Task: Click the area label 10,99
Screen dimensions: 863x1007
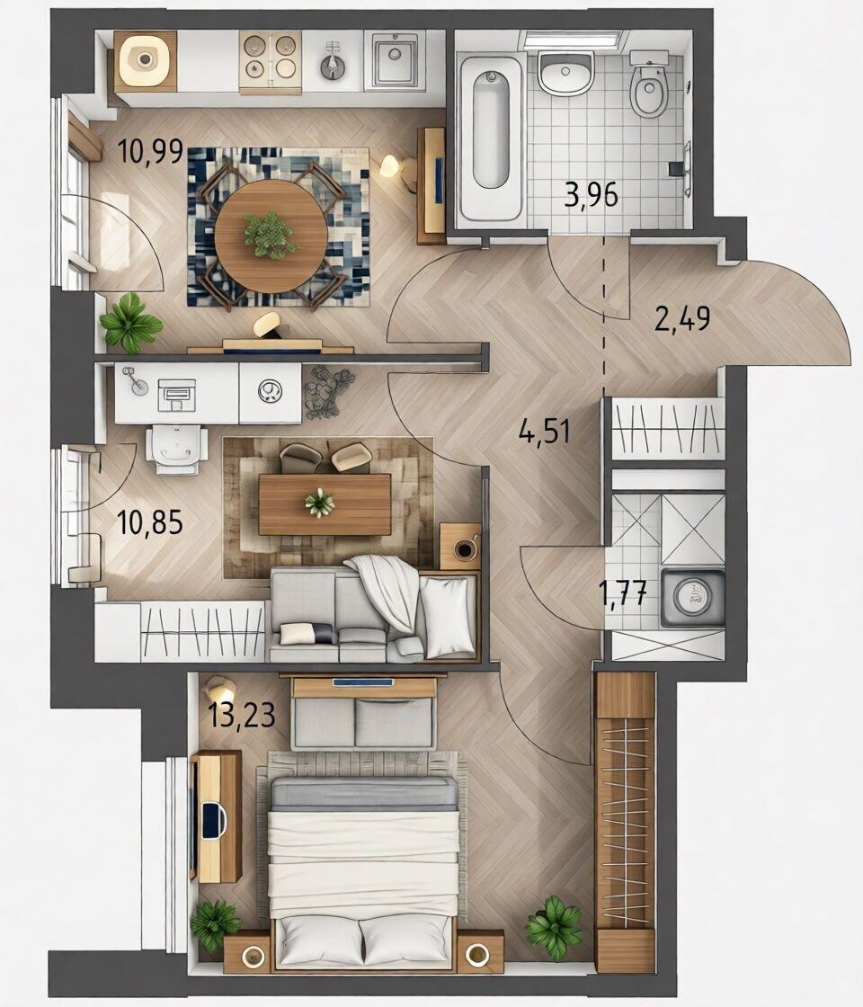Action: [x=151, y=153]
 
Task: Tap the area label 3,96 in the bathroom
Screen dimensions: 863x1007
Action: [x=591, y=194]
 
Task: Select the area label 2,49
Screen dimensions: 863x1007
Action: [x=682, y=318]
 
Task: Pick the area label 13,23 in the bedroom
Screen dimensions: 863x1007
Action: [x=242, y=714]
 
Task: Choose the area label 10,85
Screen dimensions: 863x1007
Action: [x=150, y=522]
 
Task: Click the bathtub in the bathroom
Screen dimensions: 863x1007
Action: [x=491, y=138]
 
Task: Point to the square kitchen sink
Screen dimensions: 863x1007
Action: [x=395, y=58]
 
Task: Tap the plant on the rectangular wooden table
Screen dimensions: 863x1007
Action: [x=319, y=503]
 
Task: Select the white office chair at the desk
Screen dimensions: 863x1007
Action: [x=176, y=450]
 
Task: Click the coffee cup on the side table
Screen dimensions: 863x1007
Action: [x=463, y=548]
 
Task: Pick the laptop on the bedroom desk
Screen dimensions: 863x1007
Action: [x=213, y=820]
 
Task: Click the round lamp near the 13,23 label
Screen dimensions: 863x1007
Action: [x=219, y=691]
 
